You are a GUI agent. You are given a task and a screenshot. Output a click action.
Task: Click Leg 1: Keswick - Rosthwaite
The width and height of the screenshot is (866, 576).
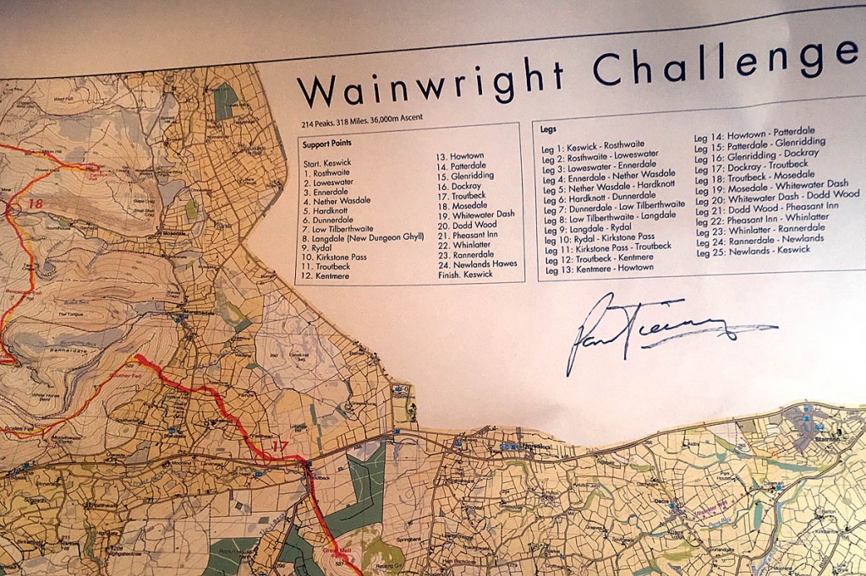594,146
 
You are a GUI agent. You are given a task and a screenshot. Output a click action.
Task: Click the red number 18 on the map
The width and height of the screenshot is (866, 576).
36,203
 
